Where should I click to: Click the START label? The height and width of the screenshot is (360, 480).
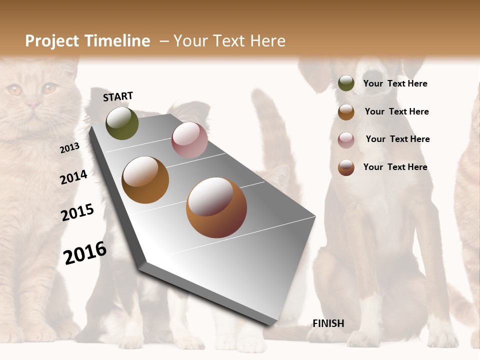(x=118, y=96)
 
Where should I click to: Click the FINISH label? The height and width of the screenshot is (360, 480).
(x=328, y=323)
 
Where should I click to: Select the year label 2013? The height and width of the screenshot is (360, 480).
(x=70, y=148)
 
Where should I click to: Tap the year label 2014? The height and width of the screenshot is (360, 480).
(x=74, y=177)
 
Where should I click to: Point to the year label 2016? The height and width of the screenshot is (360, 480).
(x=85, y=252)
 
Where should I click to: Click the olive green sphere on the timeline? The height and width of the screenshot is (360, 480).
(x=122, y=123)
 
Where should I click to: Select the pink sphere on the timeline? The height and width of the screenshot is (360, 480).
(x=189, y=140)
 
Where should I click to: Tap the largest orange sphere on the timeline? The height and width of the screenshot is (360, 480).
(x=216, y=207)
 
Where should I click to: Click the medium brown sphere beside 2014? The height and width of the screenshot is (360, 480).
(x=145, y=179)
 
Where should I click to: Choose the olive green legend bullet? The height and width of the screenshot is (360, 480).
(x=346, y=83)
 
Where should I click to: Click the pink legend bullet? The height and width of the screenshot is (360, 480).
(x=346, y=139)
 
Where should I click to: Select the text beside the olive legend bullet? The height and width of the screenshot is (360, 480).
(x=395, y=83)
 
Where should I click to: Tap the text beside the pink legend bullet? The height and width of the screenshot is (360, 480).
(x=397, y=139)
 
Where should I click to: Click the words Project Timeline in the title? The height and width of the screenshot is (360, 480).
(x=87, y=41)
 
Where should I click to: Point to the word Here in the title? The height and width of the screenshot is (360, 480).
(x=267, y=41)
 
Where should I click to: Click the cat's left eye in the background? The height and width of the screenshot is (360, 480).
(x=14, y=90)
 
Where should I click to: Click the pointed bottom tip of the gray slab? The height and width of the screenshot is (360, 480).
(x=270, y=325)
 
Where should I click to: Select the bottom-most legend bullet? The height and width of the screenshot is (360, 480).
(x=346, y=167)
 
